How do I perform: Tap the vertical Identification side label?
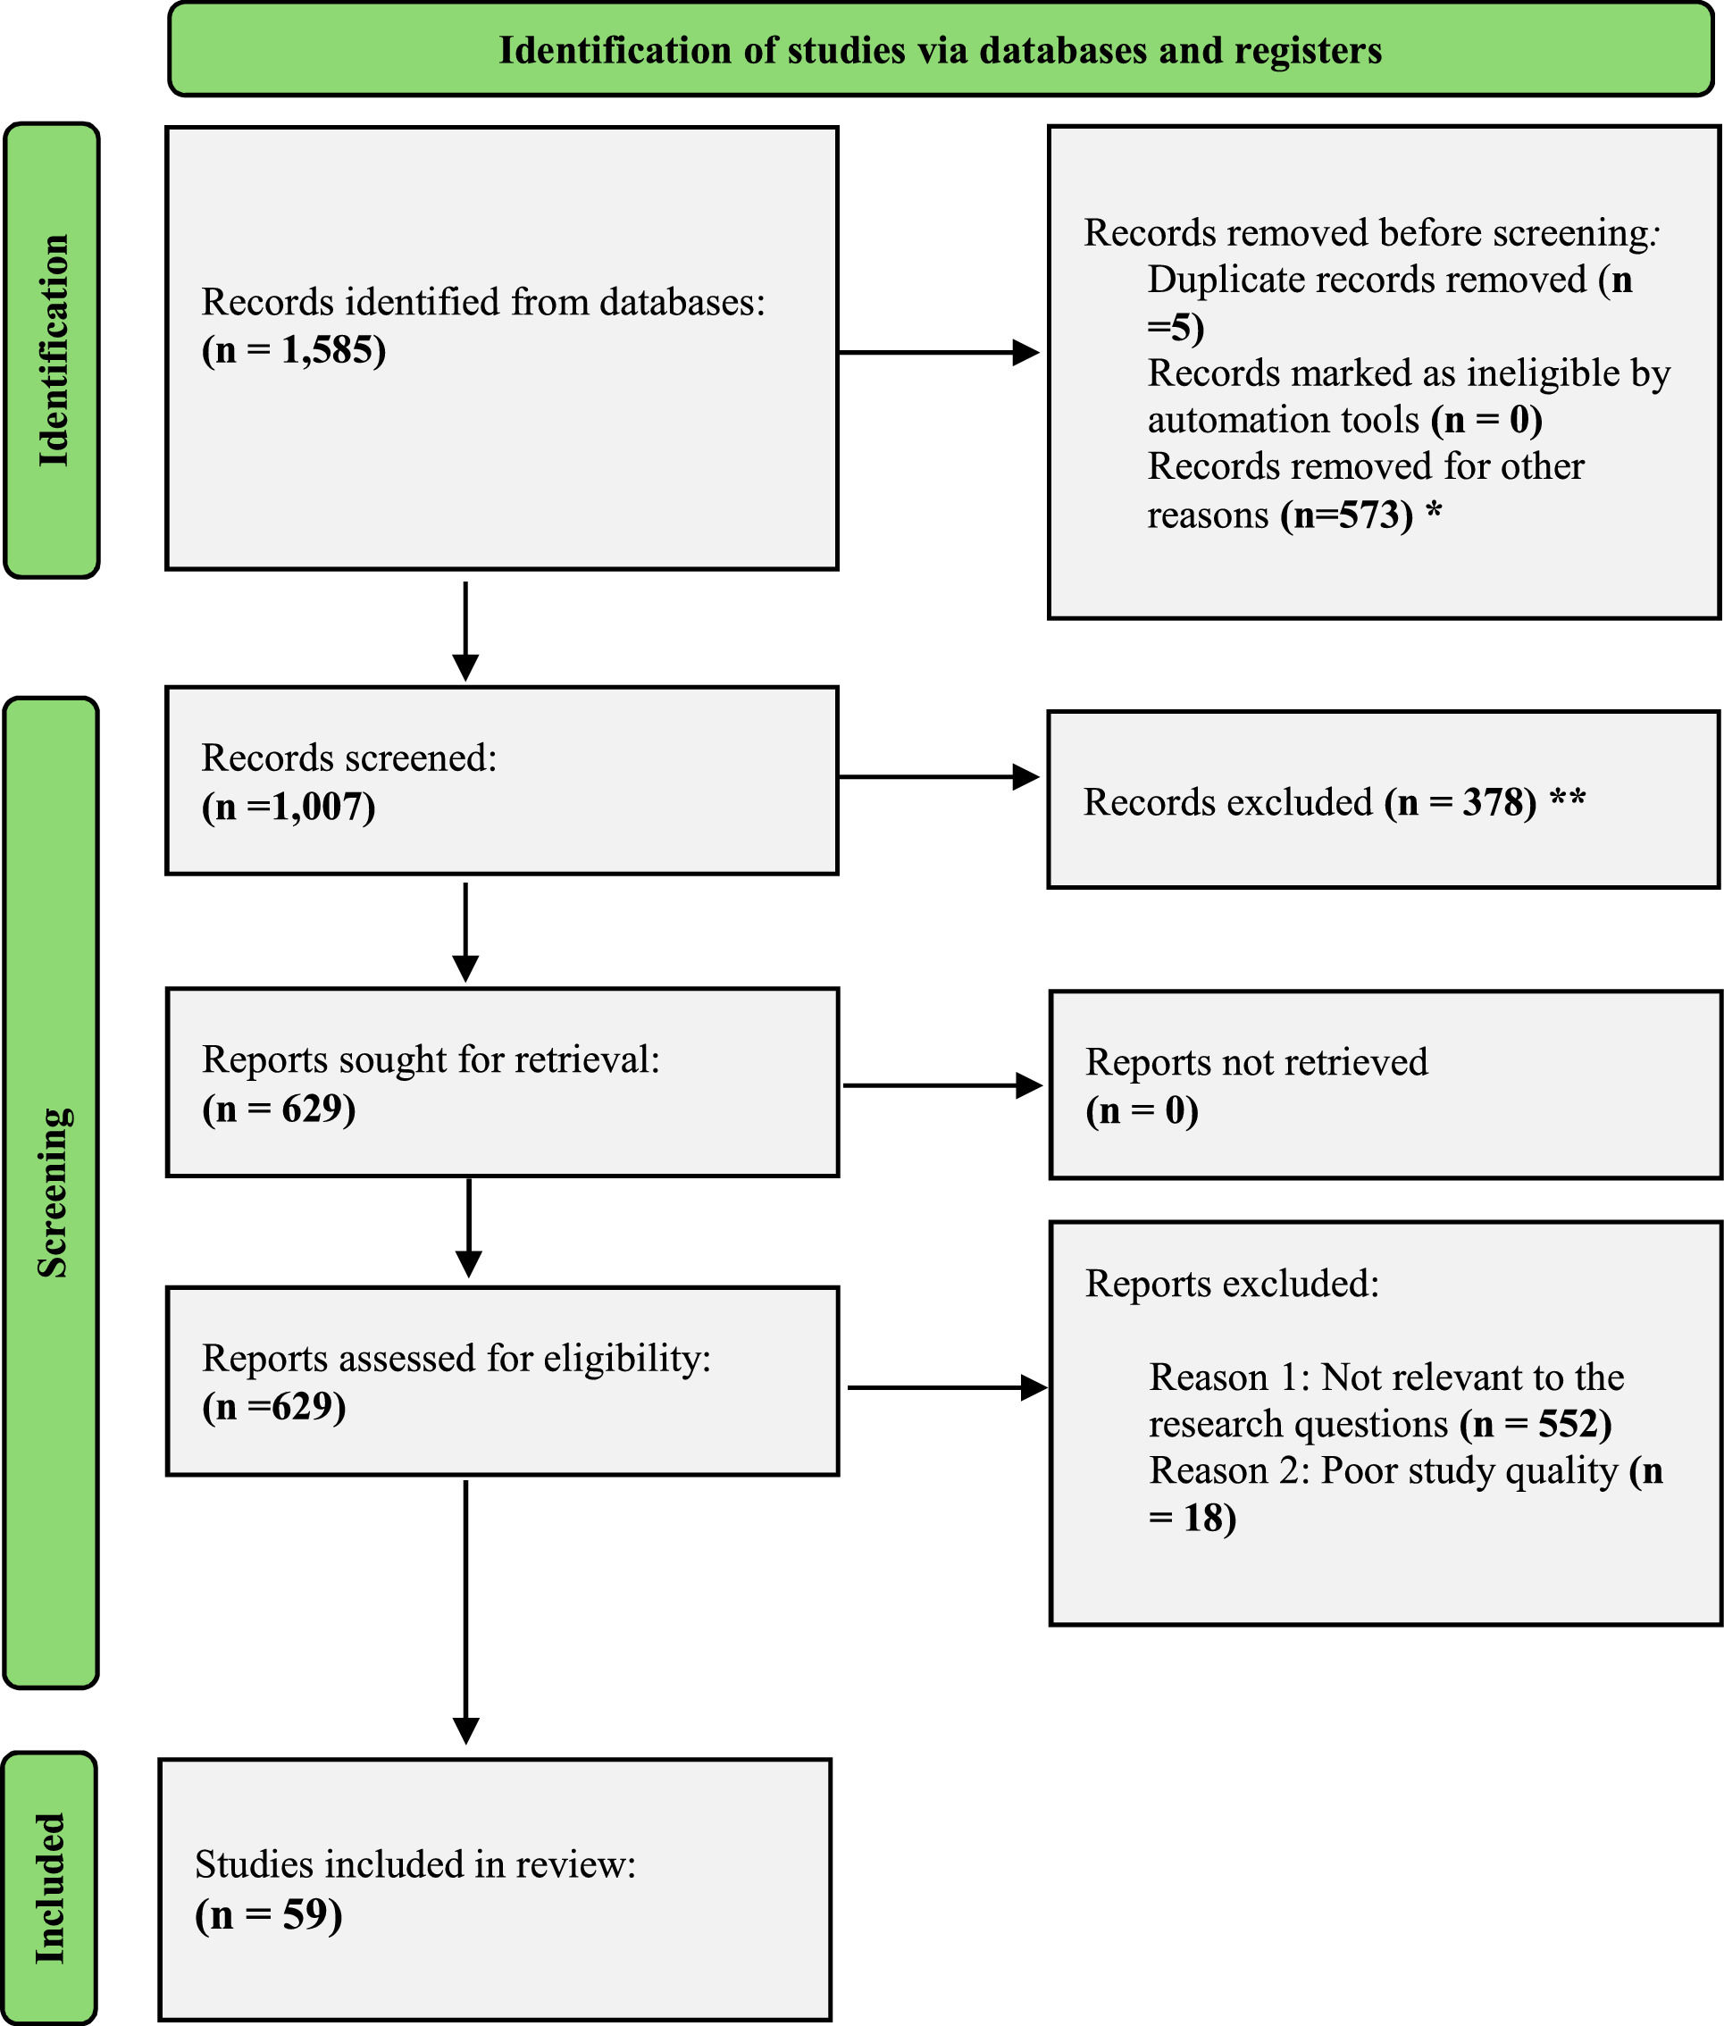click(x=52, y=350)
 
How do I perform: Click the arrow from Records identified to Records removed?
click(x=938, y=352)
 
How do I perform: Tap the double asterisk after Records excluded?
click(x=1567, y=800)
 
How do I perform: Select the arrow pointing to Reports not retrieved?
click(x=942, y=1084)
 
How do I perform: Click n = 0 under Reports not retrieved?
click(x=1142, y=1111)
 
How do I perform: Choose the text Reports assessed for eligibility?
click(x=456, y=1358)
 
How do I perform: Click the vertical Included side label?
click(x=50, y=1888)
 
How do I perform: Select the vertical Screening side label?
click(x=52, y=1192)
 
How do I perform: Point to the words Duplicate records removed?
click(x=1367, y=280)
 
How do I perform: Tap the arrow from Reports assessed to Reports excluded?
click(x=946, y=1386)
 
